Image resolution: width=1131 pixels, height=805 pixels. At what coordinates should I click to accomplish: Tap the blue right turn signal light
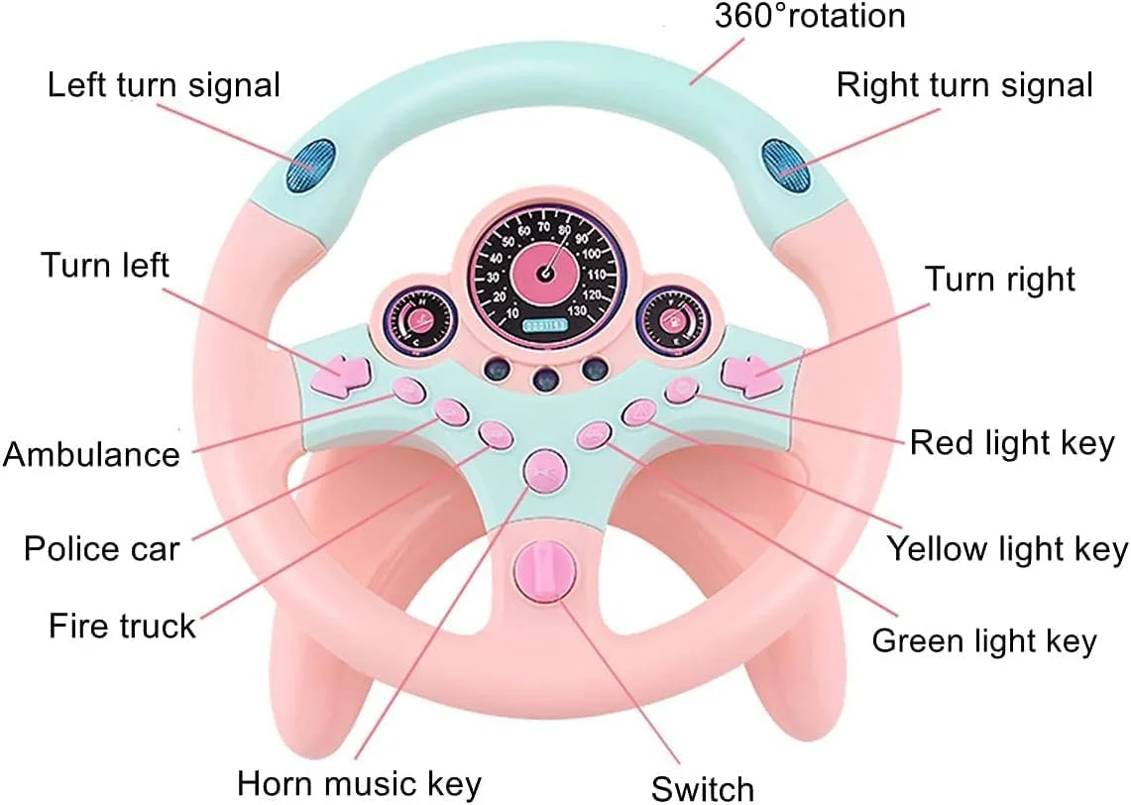point(785,165)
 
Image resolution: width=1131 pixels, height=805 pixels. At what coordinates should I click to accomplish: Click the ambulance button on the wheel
point(408,391)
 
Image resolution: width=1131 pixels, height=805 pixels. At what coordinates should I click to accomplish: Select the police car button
point(451,411)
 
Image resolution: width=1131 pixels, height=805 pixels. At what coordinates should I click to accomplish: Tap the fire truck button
point(495,433)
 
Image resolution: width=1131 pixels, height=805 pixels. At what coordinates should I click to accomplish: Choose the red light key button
point(681,390)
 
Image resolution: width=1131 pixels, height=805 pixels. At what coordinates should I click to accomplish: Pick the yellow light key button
point(639,412)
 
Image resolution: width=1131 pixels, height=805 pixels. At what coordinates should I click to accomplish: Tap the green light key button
point(594,434)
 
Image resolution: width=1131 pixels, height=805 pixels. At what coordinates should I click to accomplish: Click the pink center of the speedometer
point(545,271)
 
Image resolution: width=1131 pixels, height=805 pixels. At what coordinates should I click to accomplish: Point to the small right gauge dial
point(670,318)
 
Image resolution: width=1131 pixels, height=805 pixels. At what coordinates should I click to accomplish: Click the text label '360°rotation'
point(810,16)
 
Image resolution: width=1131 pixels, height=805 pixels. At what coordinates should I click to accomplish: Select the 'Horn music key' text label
point(360,782)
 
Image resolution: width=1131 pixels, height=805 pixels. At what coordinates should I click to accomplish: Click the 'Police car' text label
point(102,548)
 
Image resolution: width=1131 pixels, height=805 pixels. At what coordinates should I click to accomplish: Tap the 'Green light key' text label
point(984,640)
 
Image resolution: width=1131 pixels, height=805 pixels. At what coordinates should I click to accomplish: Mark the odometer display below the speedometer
point(545,324)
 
